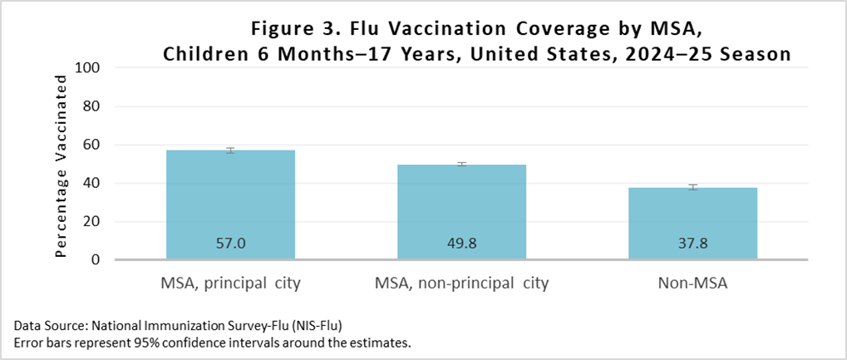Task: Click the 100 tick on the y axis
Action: (87, 68)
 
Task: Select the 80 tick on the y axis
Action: (91, 106)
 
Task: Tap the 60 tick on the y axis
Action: (91, 145)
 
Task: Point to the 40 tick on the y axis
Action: (91, 183)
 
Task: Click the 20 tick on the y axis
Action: (91, 221)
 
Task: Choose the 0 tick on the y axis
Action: (95, 259)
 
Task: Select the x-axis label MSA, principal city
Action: (230, 284)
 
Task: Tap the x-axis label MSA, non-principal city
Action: (461, 284)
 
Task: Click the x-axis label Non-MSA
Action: (692, 284)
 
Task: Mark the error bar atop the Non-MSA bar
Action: (692, 187)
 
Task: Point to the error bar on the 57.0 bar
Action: (230, 150)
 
